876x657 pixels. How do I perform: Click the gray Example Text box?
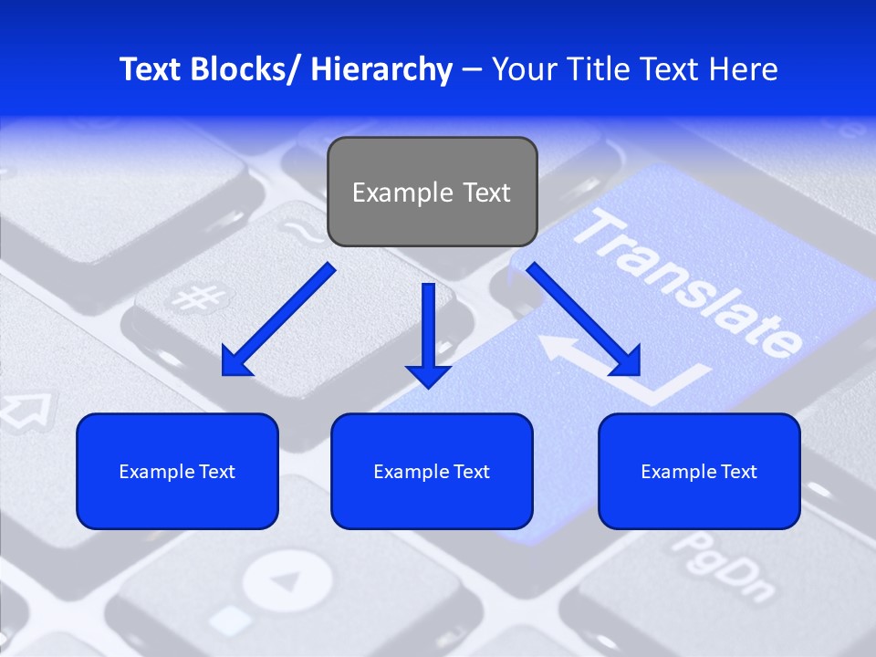point(432,192)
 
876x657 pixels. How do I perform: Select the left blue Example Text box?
point(177,471)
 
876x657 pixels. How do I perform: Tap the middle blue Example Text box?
point(432,471)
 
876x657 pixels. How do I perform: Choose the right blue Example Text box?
point(699,471)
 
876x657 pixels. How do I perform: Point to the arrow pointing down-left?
point(278,320)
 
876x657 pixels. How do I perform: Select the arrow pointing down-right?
point(584,320)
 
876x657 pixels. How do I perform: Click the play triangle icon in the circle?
point(287,581)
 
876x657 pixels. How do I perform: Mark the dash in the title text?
point(472,70)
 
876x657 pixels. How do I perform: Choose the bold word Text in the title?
point(151,69)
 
